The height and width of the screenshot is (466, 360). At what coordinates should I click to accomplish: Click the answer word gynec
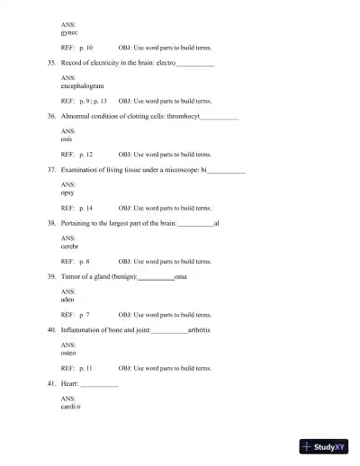point(68,31)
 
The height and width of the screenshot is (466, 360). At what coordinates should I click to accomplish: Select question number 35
point(51,65)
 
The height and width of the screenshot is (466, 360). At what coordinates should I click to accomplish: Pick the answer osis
point(67,139)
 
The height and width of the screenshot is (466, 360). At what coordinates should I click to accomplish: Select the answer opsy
point(67,193)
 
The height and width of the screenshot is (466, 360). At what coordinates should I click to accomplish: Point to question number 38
point(51,223)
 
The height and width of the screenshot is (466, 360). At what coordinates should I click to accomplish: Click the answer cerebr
point(69,245)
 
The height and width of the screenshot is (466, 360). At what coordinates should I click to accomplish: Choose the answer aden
point(67,298)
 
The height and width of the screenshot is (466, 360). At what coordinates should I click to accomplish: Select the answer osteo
point(68,352)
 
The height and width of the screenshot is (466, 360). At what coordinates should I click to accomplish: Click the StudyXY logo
point(326,446)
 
